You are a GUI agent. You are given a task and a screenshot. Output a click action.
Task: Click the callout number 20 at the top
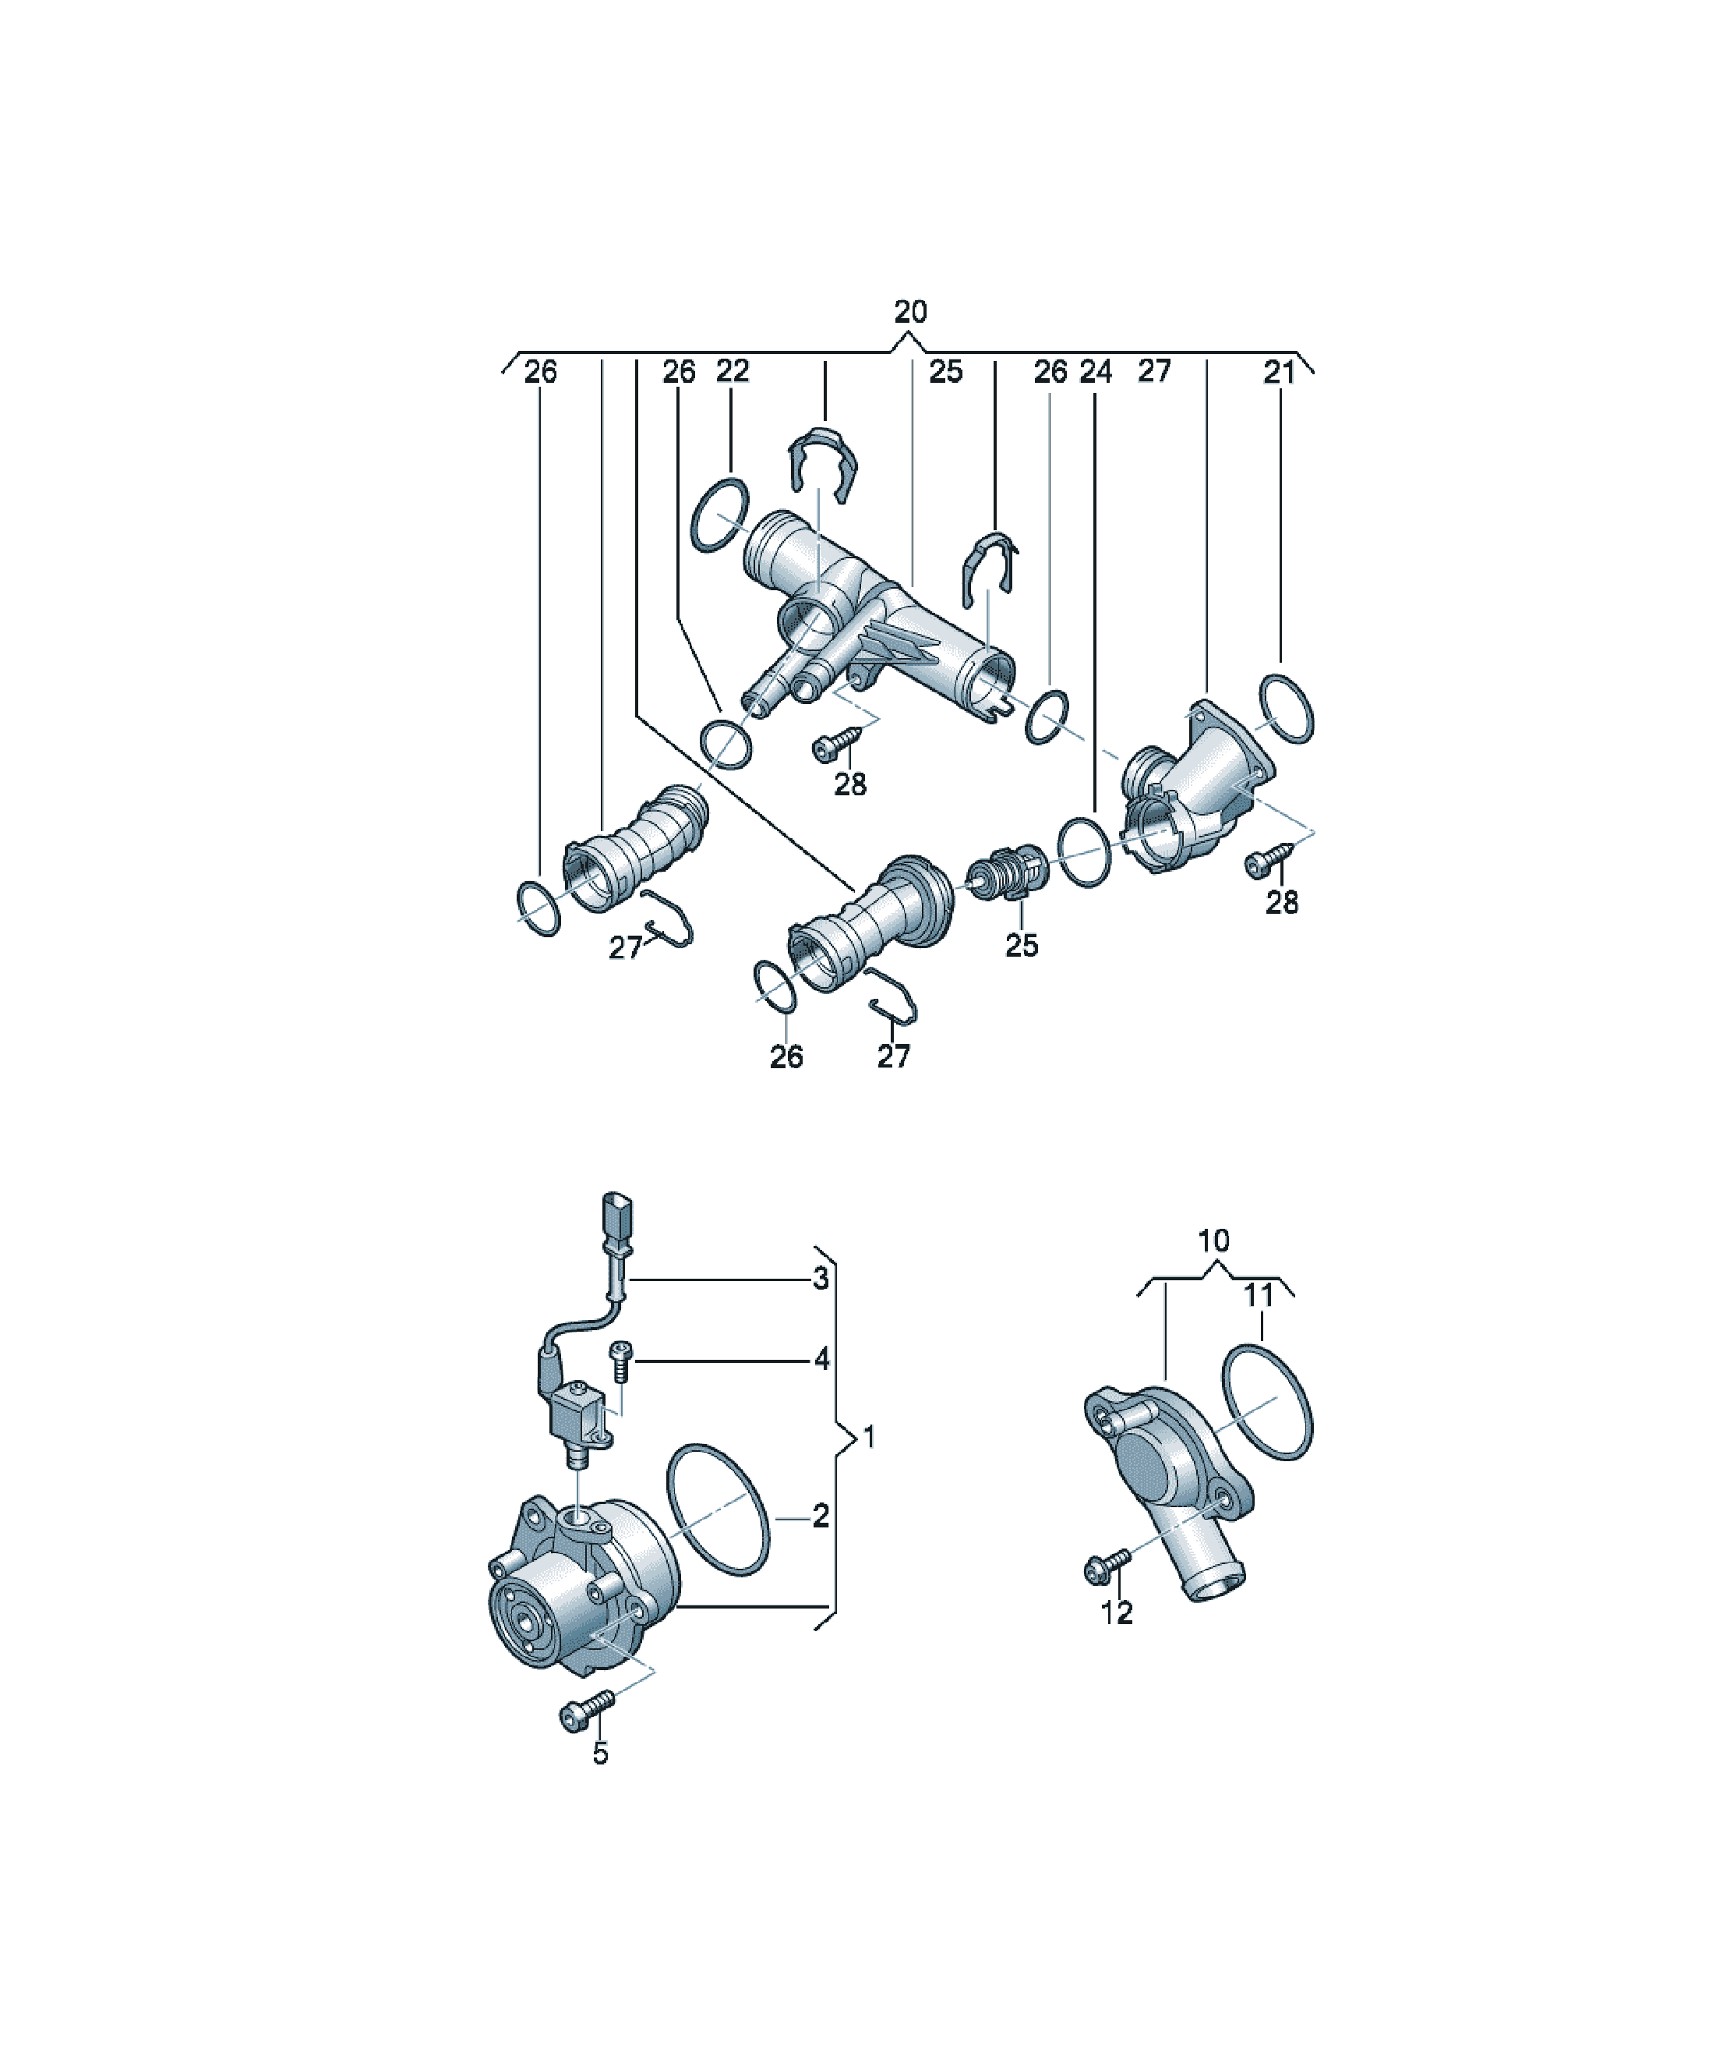(910, 312)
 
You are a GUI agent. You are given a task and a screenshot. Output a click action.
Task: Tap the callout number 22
(732, 371)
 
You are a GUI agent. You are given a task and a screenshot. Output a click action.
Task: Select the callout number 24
(1095, 372)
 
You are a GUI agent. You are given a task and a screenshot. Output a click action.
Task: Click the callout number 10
(1213, 1241)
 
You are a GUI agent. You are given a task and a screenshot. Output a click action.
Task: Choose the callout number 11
(1259, 1297)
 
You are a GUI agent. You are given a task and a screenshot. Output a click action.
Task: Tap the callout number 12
(1117, 1613)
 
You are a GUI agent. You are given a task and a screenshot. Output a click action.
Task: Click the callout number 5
(600, 1753)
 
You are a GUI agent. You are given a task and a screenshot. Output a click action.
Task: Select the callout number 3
(821, 1279)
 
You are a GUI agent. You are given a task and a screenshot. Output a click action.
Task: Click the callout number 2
(821, 1517)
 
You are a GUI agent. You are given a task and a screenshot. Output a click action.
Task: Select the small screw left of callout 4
(621, 1361)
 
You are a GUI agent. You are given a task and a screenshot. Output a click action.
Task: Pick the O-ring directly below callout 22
(720, 515)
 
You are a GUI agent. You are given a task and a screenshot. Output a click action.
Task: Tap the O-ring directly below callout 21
(1286, 709)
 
